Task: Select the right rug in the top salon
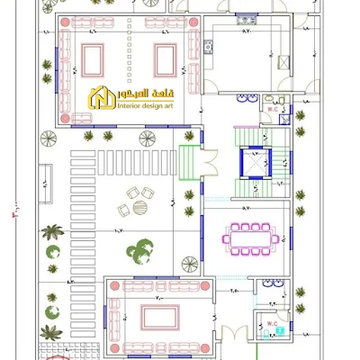pyautogui.click(x=165, y=60)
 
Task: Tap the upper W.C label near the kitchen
pyautogui.click(x=270, y=108)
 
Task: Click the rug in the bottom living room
pyautogui.click(x=158, y=317)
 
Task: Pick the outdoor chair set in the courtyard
pyautogui.click(x=136, y=200)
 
